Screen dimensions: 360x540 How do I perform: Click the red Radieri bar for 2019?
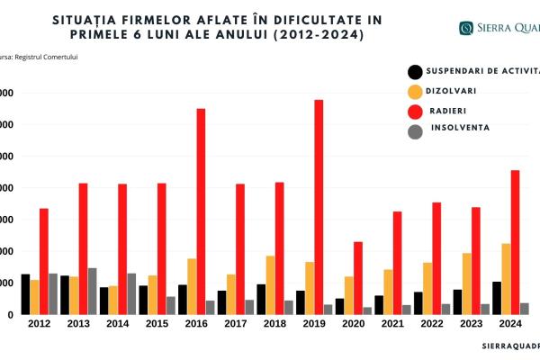319,207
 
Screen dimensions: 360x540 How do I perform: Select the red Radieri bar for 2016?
201,211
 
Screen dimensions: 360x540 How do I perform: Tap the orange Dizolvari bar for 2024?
506,279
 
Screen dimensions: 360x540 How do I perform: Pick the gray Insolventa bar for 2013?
92,292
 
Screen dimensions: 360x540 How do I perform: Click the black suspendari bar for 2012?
25,294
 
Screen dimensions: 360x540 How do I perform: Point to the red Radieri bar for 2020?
358,278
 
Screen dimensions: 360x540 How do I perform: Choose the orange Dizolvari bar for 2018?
271,285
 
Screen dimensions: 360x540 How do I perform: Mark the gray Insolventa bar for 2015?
170,306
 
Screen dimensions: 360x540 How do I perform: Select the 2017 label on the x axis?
234,323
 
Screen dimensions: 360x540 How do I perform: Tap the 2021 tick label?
391,323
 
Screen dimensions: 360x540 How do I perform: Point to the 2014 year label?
116,323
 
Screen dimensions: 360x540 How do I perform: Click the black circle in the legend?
415,72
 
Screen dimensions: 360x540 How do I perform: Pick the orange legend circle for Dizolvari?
415,92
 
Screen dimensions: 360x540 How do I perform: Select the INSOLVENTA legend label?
460,128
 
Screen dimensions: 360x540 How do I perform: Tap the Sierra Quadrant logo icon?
466,28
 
